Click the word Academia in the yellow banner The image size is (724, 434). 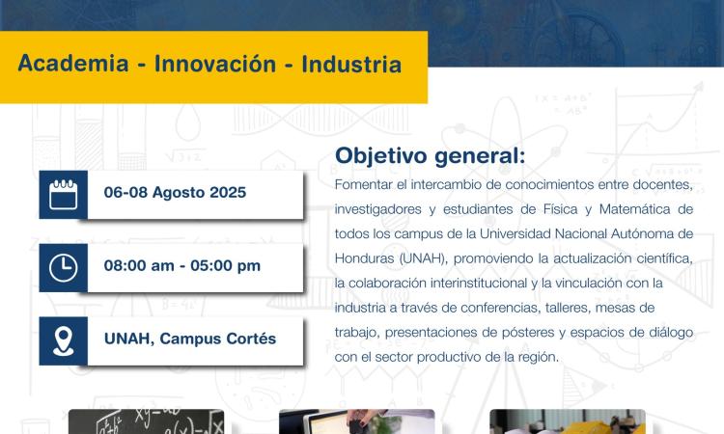pyautogui.click(x=73, y=67)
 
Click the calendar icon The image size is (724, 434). pyautogui.click(x=64, y=194)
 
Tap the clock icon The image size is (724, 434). pyautogui.click(x=64, y=267)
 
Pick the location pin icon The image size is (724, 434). pyautogui.click(x=64, y=340)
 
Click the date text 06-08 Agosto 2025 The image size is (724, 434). pyautogui.click(x=175, y=193)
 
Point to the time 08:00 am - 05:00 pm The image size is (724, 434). pyautogui.click(x=181, y=266)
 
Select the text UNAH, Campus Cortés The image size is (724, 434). pyautogui.click(x=190, y=339)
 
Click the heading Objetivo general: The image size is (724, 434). pyautogui.click(x=431, y=156)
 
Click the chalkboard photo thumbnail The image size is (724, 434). pyautogui.click(x=146, y=421)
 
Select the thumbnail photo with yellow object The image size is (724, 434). pyautogui.click(x=567, y=421)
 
